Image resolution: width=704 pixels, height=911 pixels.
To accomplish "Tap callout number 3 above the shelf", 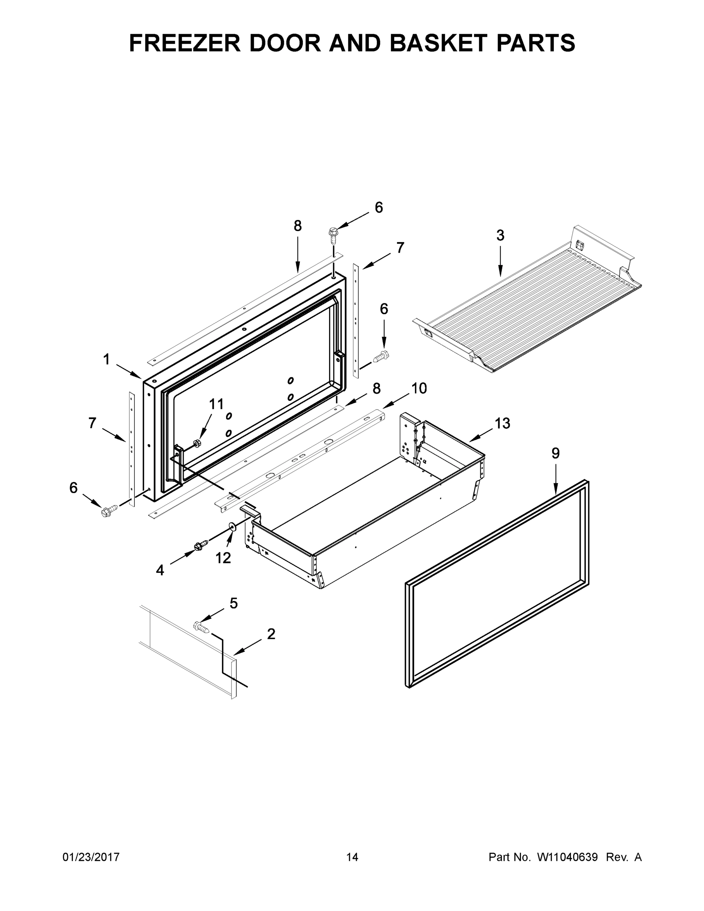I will click(x=500, y=236).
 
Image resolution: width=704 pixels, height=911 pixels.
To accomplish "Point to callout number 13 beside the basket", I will click(x=502, y=423).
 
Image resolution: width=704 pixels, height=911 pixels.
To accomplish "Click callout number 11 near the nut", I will click(x=216, y=404).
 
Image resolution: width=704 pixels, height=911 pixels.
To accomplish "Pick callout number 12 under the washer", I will click(x=223, y=558).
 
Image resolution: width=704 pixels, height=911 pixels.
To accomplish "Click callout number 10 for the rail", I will click(x=419, y=388).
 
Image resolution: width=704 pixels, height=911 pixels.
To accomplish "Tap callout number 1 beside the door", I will click(x=106, y=359).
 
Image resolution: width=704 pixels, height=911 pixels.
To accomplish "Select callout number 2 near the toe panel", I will click(x=271, y=634).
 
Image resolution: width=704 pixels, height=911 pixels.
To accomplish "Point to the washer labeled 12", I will click(x=232, y=528).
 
